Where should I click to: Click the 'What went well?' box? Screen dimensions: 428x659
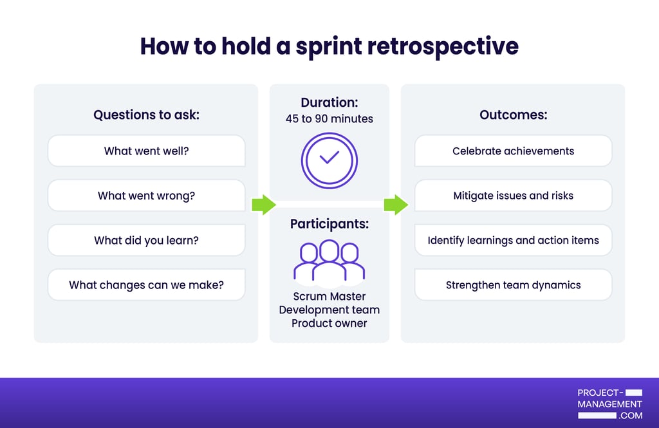pyautogui.click(x=146, y=151)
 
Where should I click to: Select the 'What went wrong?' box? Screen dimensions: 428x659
pyautogui.click(x=146, y=196)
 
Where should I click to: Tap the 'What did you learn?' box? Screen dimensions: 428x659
pyautogui.click(x=146, y=240)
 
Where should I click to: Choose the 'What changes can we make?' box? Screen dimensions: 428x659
pyautogui.click(x=146, y=284)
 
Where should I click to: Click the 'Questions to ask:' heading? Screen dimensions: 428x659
pyautogui.click(x=146, y=115)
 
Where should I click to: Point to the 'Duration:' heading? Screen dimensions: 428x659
pyautogui.click(x=329, y=102)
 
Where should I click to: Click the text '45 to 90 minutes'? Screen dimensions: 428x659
pyautogui.click(x=329, y=118)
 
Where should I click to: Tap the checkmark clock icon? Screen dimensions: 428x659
pyautogui.click(x=329, y=160)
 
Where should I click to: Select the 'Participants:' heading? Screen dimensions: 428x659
pyautogui.click(x=329, y=224)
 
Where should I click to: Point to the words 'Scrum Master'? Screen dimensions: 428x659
pyautogui.click(x=329, y=296)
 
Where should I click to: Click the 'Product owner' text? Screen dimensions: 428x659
pyautogui.click(x=329, y=323)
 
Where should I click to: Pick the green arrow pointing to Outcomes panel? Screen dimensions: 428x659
pyautogui.click(x=396, y=205)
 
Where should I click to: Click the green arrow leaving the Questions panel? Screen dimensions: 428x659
pyautogui.click(x=263, y=205)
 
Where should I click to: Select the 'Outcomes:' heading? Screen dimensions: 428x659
pyautogui.click(x=513, y=115)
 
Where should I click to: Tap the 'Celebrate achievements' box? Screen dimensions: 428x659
pyautogui.click(x=513, y=151)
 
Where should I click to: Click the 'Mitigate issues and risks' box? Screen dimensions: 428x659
pyautogui.click(x=513, y=196)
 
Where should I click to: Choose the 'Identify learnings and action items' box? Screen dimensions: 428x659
pyautogui.click(x=513, y=240)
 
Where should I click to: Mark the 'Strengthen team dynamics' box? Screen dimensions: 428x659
pyautogui.click(x=513, y=284)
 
